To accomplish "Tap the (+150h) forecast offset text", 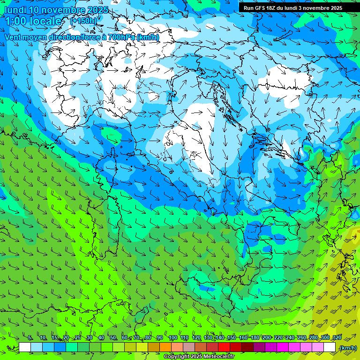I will (x=83, y=21).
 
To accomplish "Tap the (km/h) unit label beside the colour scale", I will (x=348, y=347).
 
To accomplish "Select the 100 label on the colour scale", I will (x=172, y=337).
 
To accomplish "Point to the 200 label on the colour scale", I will (x=266, y=337).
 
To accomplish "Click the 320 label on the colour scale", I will (x=337, y=337).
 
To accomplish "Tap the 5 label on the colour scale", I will (x=30, y=337).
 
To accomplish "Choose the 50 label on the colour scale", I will (x=113, y=337).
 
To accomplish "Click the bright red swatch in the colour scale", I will (x=224, y=347).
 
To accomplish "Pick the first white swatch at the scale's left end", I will (x=25, y=347).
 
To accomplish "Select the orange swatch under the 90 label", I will (x=165, y=347).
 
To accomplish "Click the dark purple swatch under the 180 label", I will (x=259, y=347).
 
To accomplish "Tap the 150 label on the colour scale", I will (x=231, y=337).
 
